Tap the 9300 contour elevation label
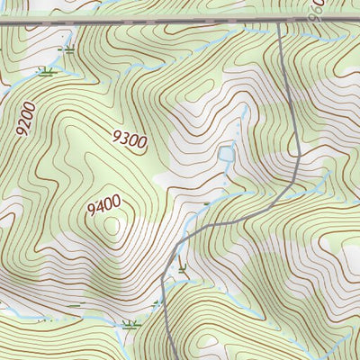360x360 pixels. pyautogui.click(x=129, y=139)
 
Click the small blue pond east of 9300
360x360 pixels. pyautogui.click(x=226, y=158)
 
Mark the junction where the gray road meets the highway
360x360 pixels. pyautogui.click(x=280, y=24)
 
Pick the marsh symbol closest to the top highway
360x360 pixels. pyautogui.click(x=64, y=49)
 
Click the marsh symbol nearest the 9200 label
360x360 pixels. pyautogui.click(x=45, y=70)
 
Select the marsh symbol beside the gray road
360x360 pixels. pyautogui.click(x=183, y=266)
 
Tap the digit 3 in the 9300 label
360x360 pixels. pyautogui.click(x=123, y=136)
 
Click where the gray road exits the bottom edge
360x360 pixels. pyautogui.click(x=172, y=358)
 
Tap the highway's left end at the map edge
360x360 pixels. pyautogui.click(x=2, y=23)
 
